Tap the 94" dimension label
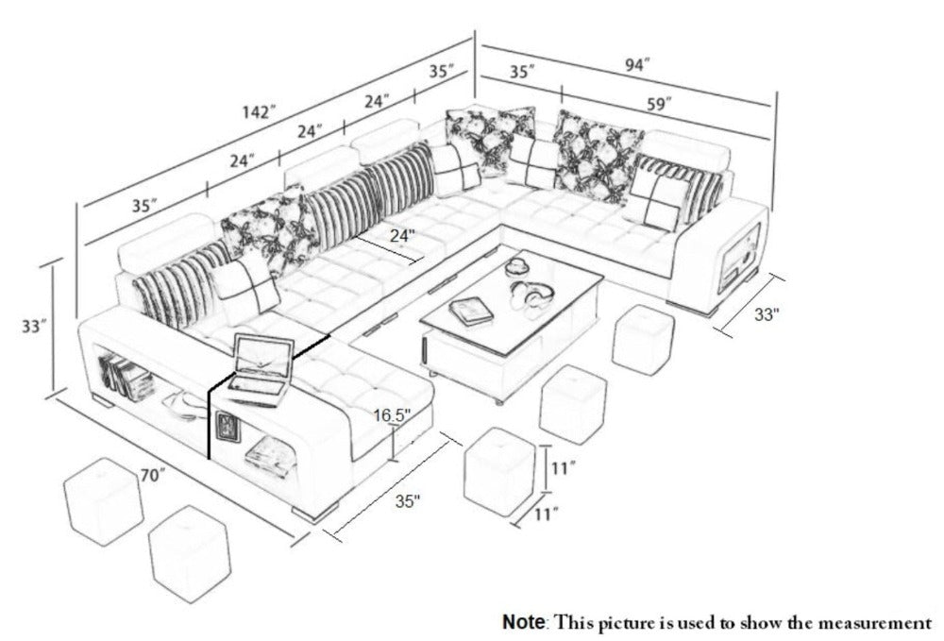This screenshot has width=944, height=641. (637, 65)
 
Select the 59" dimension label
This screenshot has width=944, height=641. (659, 104)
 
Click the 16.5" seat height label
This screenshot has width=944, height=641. (392, 415)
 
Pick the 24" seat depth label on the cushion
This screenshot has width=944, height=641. (402, 235)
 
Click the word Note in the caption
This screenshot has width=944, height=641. (524, 621)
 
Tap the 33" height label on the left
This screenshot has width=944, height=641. (34, 327)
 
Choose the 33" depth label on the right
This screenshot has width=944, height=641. (767, 313)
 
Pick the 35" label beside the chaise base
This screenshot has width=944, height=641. (408, 500)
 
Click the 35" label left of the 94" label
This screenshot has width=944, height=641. (523, 73)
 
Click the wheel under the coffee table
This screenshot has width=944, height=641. (497, 401)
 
